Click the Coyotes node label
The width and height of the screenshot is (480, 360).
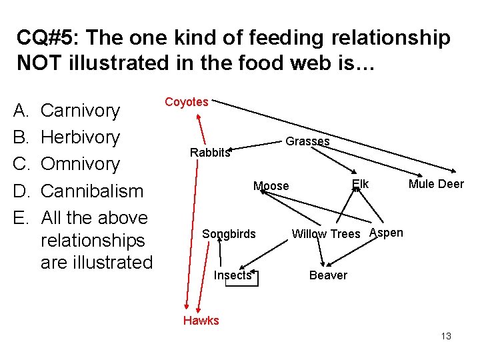[187, 102]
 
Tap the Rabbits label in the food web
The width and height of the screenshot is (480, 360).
[209, 153]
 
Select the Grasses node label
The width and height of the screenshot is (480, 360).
[307, 141]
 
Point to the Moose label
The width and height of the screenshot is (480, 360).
[271, 186]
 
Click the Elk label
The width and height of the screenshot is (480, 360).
[360, 184]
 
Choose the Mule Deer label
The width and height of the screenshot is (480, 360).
[436, 184]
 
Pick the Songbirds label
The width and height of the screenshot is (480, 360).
[229, 234]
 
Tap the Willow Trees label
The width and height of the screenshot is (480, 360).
[326, 234]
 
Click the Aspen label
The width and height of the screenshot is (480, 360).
[386, 233]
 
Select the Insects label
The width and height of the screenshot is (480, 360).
[233, 275]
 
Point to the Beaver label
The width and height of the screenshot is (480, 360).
[328, 275]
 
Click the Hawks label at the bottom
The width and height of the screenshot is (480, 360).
[201, 321]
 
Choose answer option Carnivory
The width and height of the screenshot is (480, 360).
[80, 111]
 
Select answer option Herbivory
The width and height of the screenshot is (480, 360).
[80, 137]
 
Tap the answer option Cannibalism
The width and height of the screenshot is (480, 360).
[92, 191]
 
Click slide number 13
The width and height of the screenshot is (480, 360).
[446, 336]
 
